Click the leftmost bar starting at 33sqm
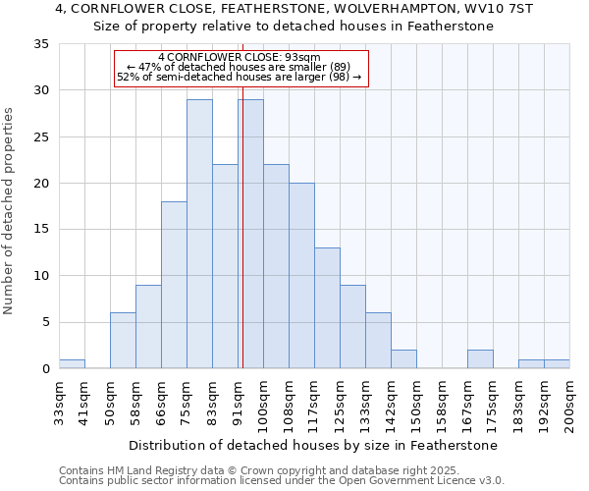pos(72,364)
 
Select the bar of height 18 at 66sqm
pos(174,285)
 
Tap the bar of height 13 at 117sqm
pos(327,308)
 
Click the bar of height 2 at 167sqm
pos(480,359)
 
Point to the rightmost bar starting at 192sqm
pos(557,364)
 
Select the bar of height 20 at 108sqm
pos(301,276)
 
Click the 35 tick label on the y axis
pos(41,44)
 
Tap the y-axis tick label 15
pos(41,230)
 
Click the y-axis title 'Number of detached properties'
pos(10,211)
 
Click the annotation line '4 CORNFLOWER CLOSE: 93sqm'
pos(240,57)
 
